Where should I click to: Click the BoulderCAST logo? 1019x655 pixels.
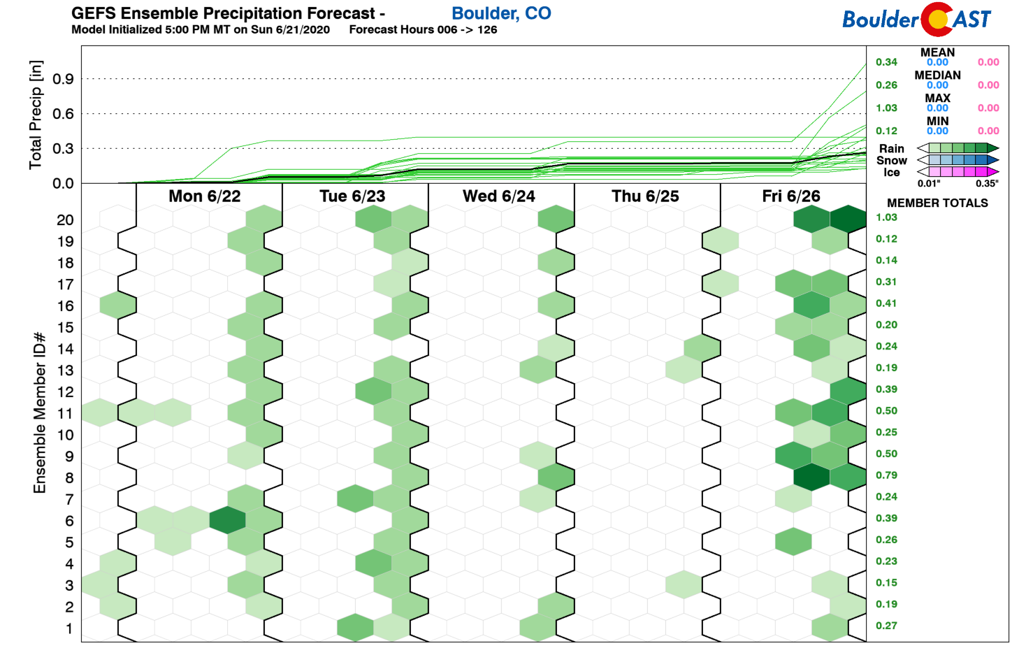916,19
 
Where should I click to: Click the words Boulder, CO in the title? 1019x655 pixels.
501,13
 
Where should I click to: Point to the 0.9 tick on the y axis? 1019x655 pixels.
63,79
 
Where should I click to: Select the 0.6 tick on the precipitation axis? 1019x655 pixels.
63,113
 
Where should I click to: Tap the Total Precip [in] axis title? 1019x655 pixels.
36,115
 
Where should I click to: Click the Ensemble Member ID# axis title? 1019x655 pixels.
40,412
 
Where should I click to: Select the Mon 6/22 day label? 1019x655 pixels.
204,196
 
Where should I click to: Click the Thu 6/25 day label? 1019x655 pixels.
645,196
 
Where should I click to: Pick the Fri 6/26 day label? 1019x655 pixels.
790,196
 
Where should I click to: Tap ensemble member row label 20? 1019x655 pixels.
65,220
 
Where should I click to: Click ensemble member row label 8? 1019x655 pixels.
69,478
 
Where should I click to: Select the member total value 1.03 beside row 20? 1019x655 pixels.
886,217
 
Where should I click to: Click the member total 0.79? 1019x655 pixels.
886,475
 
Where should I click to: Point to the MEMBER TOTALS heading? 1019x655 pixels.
937,203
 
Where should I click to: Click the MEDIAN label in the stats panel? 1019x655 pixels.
937,75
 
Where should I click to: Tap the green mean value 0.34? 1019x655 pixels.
886,62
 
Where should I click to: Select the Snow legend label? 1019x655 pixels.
891,160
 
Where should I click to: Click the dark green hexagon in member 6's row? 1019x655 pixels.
227,521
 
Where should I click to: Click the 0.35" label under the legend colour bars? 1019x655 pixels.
987,184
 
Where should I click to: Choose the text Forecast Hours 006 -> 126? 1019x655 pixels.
423,29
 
